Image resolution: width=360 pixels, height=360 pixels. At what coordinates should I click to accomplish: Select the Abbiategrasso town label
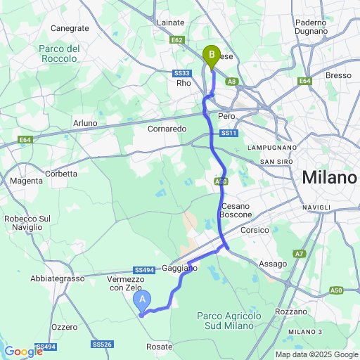(58, 278)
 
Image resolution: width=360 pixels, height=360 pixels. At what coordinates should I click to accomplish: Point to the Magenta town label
(26, 181)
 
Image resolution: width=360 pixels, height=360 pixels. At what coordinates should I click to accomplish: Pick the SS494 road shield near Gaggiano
(143, 270)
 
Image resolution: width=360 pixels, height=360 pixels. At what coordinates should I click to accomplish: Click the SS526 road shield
(103, 344)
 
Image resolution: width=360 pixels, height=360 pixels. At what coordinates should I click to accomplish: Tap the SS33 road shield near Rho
(182, 72)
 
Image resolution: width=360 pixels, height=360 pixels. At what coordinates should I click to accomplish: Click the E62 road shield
(177, 41)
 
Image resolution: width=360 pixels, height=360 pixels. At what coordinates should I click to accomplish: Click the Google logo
(23, 352)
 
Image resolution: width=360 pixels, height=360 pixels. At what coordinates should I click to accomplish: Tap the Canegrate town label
(70, 28)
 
